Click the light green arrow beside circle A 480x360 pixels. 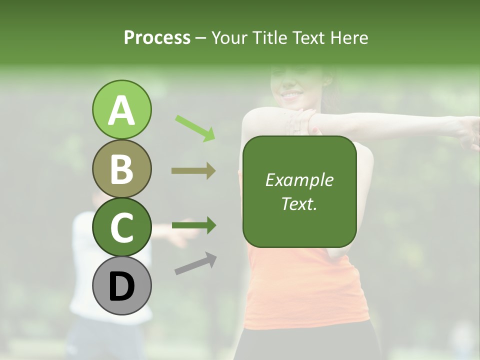[195, 127]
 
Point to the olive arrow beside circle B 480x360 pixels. [193, 171]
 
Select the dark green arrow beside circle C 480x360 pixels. [194, 225]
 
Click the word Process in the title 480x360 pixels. [157, 37]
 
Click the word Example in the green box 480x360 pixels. [299, 180]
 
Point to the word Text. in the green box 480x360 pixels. [299, 203]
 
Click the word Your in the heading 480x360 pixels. [230, 37]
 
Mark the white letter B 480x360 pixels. [121, 169]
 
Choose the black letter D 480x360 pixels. [121, 287]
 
